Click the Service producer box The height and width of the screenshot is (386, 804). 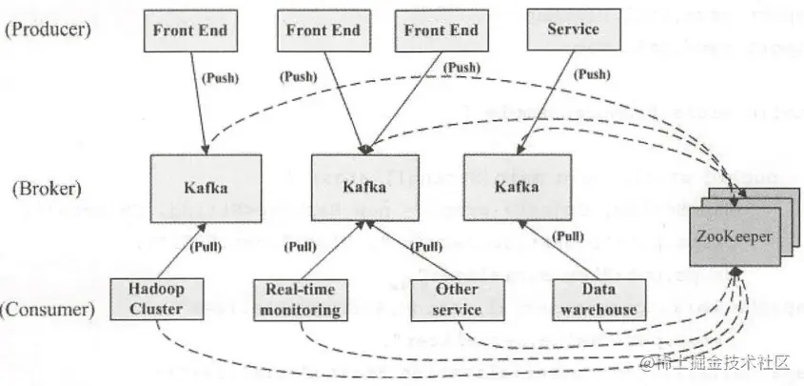(x=573, y=30)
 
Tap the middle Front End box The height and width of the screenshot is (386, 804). (x=324, y=30)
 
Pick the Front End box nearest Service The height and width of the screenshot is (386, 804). (x=441, y=30)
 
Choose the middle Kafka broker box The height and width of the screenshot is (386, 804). (x=366, y=188)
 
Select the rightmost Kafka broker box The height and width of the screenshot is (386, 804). (x=517, y=188)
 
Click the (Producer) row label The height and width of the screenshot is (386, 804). (x=47, y=29)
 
